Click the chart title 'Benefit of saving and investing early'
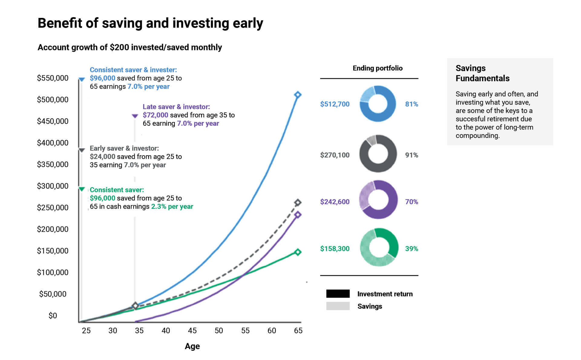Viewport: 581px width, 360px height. tap(150, 23)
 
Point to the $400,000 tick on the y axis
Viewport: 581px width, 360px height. tap(53, 143)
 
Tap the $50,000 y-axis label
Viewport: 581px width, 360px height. tap(53, 294)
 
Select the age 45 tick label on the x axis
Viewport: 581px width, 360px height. tap(192, 331)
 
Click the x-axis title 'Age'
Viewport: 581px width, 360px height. tap(192, 346)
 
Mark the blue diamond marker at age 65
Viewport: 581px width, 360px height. tap(298, 95)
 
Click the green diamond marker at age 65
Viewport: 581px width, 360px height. tap(298, 252)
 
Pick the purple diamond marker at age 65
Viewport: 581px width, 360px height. tap(298, 215)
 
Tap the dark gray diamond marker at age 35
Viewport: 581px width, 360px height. tap(135, 306)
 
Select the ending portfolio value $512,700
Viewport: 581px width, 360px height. tap(335, 104)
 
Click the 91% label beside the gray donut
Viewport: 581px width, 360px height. tap(412, 155)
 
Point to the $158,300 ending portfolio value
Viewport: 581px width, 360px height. tap(335, 249)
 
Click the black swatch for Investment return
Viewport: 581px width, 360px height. tap(338, 294)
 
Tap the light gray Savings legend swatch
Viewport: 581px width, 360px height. tap(338, 306)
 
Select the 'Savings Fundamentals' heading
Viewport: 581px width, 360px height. tap(483, 73)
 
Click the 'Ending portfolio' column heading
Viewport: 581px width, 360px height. tap(378, 68)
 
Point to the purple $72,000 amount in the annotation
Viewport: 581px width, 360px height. tap(156, 115)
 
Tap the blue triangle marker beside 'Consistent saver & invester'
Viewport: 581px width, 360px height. tap(82, 80)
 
